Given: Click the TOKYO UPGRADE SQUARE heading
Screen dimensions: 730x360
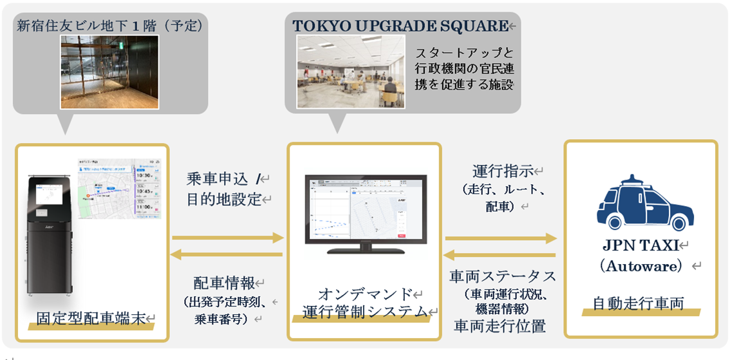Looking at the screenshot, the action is (x=400, y=26).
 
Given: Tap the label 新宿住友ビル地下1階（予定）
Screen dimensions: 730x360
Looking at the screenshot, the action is (x=110, y=26).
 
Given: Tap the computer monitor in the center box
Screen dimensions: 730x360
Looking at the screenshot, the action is (x=364, y=209).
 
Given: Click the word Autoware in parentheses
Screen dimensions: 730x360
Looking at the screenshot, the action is (x=641, y=265).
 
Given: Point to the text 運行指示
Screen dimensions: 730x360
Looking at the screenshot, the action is (x=503, y=171).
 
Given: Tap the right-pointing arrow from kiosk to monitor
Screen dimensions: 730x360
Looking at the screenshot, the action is (x=228, y=238).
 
